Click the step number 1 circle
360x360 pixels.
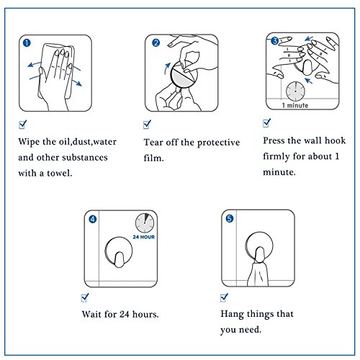click(x=27, y=43)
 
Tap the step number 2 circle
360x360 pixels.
click(x=156, y=43)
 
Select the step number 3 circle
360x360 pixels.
click(x=274, y=41)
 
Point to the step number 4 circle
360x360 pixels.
click(x=93, y=219)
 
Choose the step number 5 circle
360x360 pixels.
click(x=230, y=219)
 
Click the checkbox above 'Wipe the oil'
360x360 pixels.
click(x=23, y=125)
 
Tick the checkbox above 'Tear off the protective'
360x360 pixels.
click(x=147, y=125)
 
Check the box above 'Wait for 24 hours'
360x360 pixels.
click(x=85, y=297)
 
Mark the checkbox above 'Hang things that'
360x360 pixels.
click(x=224, y=297)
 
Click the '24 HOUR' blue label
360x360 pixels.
click(x=144, y=237)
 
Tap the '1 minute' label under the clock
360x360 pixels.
click(x=295, y=105)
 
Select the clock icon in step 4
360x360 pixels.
click(x=145, y=223)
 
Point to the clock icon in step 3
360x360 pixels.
click(x=295, y=91)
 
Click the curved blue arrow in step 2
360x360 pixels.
click(x=167, y=68)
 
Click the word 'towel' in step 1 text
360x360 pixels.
click(x=59, y=173)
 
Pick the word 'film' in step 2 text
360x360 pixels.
click(x=153, y=158)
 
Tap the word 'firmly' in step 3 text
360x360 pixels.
click(x=276, y=156)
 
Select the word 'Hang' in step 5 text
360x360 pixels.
click(x=232, y=314)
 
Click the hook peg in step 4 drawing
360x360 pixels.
click(x=119, y=259)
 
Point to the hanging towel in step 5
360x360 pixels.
click(x=258, y=274)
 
